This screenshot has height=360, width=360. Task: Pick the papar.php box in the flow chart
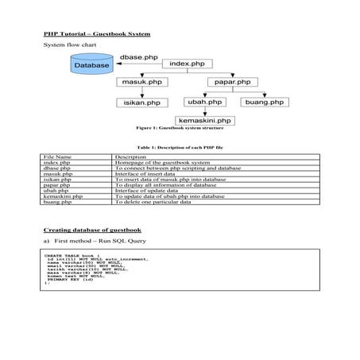tap(232, 82)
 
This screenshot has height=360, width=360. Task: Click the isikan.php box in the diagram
tap(141, 103)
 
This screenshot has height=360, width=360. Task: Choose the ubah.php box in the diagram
tap(203, 103)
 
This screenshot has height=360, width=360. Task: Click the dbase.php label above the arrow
tap(138, 58)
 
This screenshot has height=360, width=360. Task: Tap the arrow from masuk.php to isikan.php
tap(141, 92)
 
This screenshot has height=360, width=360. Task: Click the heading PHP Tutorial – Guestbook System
tap(97, 34)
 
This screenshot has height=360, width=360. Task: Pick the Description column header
tap(131, 158)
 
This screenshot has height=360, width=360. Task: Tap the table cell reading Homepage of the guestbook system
tap(162, 164)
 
